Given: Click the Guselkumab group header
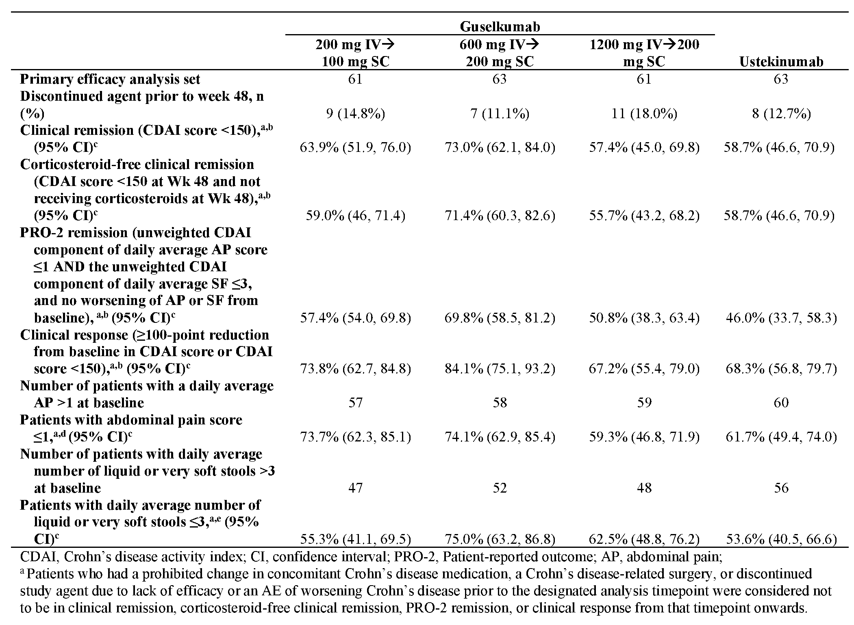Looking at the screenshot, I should (x=500, y=27).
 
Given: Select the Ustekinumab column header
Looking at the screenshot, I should (x=781, y=61).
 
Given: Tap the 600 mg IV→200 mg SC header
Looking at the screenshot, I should (x=500, y=53).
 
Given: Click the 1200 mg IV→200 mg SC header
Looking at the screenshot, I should (x=644, y=53).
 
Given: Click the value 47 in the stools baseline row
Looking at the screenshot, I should (x=355, y=487).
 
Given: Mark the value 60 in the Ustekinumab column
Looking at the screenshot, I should (x=781, y=402).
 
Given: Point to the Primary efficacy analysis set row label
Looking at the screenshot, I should (x=110, y=79).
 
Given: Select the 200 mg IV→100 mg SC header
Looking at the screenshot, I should (x=355, y=53).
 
